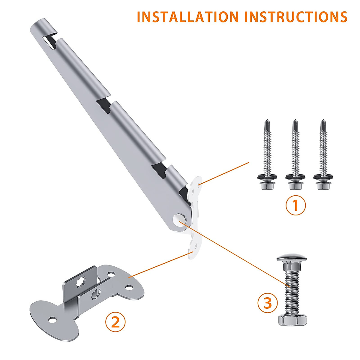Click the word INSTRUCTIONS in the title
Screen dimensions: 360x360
[296, 17]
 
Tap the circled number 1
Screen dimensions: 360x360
[295, 205]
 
